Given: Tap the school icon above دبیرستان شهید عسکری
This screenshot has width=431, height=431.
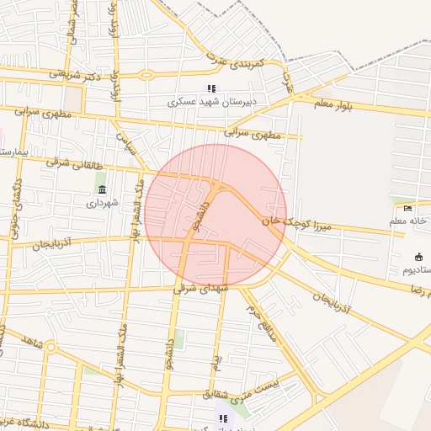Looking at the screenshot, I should click(211, 88).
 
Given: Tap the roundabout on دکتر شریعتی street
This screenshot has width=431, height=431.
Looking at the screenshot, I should click(147, 74).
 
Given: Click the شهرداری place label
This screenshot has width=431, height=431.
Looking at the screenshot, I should click(103, 203).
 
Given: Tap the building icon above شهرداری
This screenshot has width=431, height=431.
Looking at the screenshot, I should click(103, 189).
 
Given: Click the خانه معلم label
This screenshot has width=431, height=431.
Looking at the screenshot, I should click(408, 221).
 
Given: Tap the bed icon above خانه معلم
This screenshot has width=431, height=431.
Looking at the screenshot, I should click(408, 208).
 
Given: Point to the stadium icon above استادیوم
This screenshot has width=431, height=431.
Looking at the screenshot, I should click(418, 257).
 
